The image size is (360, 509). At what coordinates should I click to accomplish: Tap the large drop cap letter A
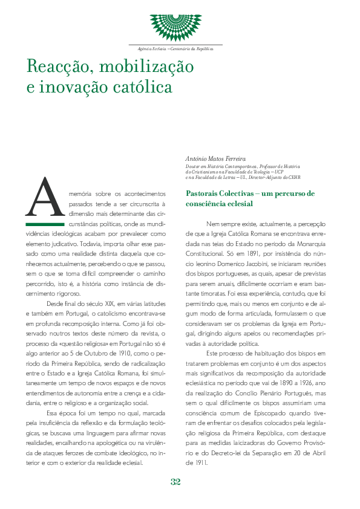pos(44,198)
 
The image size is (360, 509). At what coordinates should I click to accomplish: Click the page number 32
pos(175,482)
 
